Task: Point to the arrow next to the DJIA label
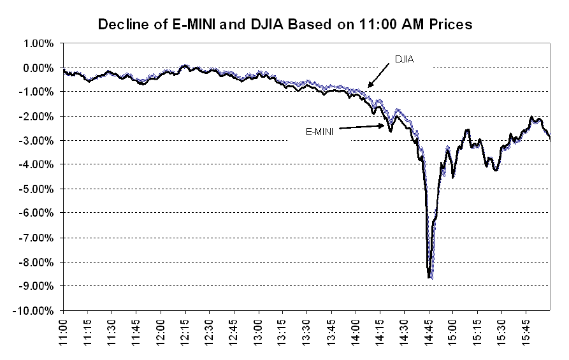(379, 77)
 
